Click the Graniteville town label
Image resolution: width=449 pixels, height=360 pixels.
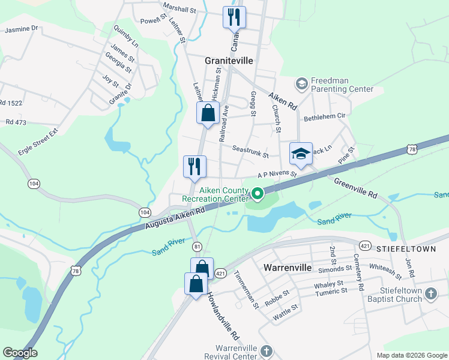(229, 61)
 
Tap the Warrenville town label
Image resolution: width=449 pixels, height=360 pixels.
(288, 268)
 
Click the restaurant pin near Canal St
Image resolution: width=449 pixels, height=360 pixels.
(234, 16)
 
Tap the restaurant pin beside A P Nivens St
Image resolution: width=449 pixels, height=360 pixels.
(194, 166)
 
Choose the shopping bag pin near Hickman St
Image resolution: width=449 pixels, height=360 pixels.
(207, 112)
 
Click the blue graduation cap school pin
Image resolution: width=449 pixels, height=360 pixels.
(301, 153)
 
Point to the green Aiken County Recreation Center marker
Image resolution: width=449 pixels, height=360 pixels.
(258, 193)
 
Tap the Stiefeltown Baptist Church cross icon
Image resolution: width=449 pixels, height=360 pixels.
(430, 294)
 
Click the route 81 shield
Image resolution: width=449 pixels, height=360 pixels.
(197, 247)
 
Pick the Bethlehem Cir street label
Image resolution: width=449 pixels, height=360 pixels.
(325, 116)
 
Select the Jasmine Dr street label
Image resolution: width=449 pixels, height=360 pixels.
(21, 28)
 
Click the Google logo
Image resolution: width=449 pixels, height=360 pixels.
(20, 353)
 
